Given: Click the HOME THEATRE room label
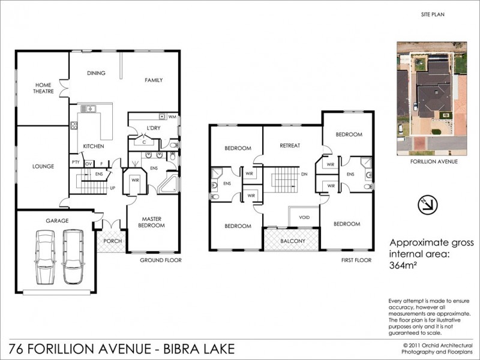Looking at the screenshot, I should tap(43, 88).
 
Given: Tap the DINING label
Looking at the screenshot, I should tap(96, 73).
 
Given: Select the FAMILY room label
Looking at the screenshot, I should tap(154, 80).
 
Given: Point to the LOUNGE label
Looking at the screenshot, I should tap(44, 166).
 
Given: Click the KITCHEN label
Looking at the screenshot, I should tap(94, 146).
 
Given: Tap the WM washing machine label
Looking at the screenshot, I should tap(172, 116).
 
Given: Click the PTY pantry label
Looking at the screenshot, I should tap(76, 163).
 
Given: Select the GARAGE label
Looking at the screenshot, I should tap(58, 220).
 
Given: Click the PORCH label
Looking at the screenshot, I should tap(113, 241).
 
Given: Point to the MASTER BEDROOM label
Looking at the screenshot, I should tap(153, 223).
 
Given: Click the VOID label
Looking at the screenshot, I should tap(304, 217).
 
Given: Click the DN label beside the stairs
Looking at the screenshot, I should tap(305, 174).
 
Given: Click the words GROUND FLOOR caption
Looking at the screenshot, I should tap(160, 260).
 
